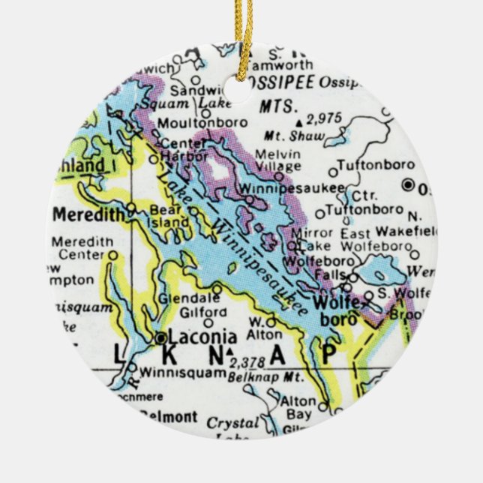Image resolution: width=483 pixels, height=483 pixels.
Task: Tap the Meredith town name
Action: pyautogui.click(x=88, y=215)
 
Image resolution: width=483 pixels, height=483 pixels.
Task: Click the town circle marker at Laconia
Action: pyautogui.click(x=160, y=338)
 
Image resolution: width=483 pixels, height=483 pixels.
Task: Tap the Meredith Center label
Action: pyautogui.click(x=82, y=247)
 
